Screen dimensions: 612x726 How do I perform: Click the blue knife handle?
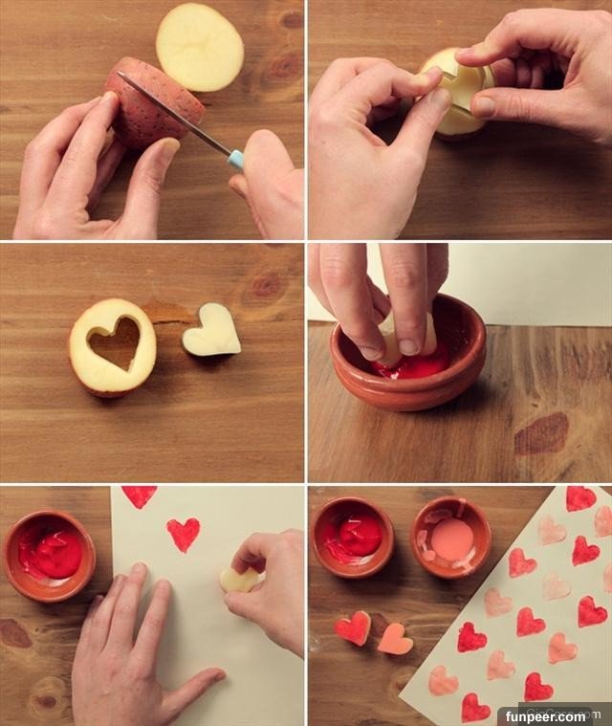pyautogui.click(x=235, y=159)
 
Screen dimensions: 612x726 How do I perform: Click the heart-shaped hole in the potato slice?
pyautogui.click(x=115, y=342)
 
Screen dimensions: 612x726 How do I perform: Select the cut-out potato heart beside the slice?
pyautogui.click(x=211, y=329)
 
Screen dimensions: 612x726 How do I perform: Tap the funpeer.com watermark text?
pyautogui.click(x=545, y=716)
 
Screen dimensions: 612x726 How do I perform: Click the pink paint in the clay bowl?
pyautogui.click(x=452, y=538)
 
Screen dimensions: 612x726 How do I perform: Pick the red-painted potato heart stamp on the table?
pyautogui.click(x=353, y=627)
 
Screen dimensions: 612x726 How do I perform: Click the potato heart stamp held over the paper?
pyautogui.click(x=239, y=580)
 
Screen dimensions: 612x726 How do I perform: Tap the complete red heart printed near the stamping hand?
pyautogui.click(x=184, y=535)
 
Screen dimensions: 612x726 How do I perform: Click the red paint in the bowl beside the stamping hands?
pyautogui.click(x=52, y=554)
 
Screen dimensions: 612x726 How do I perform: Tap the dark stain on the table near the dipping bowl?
pyautogui.click(x=541, y=434)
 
